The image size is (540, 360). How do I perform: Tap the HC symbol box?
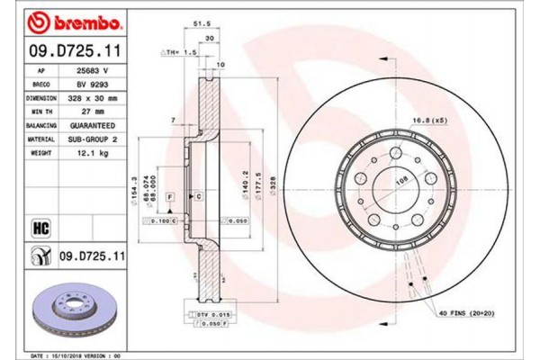39,225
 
